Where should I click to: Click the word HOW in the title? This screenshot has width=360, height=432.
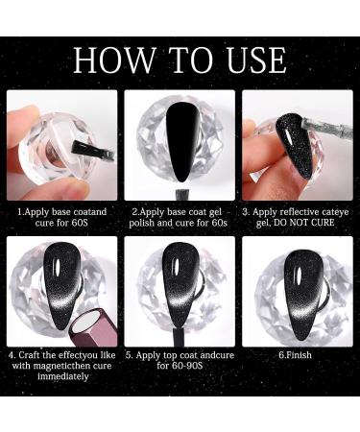pos(114,60)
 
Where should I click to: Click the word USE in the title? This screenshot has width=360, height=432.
pos(255,60)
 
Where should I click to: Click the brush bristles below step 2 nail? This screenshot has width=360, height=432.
pos(180,195)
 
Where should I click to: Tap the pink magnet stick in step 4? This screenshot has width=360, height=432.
pos(93,329)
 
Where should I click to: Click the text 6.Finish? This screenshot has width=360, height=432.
pos(295,355)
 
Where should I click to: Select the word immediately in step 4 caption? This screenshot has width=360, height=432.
pos(63,376)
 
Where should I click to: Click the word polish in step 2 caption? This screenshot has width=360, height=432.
pos(141,223)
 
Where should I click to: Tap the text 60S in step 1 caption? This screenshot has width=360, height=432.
pos(80,223)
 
